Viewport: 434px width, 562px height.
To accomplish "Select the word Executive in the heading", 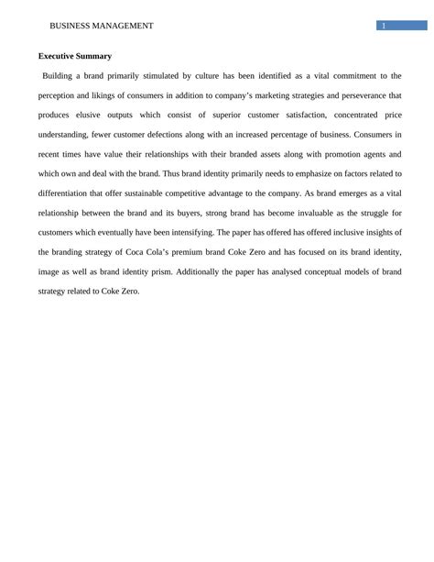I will (x=58, y=56).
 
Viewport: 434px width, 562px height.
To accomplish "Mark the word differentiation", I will (x=72, y=193).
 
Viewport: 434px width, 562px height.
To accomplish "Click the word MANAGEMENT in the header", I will (x=123, y=27).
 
